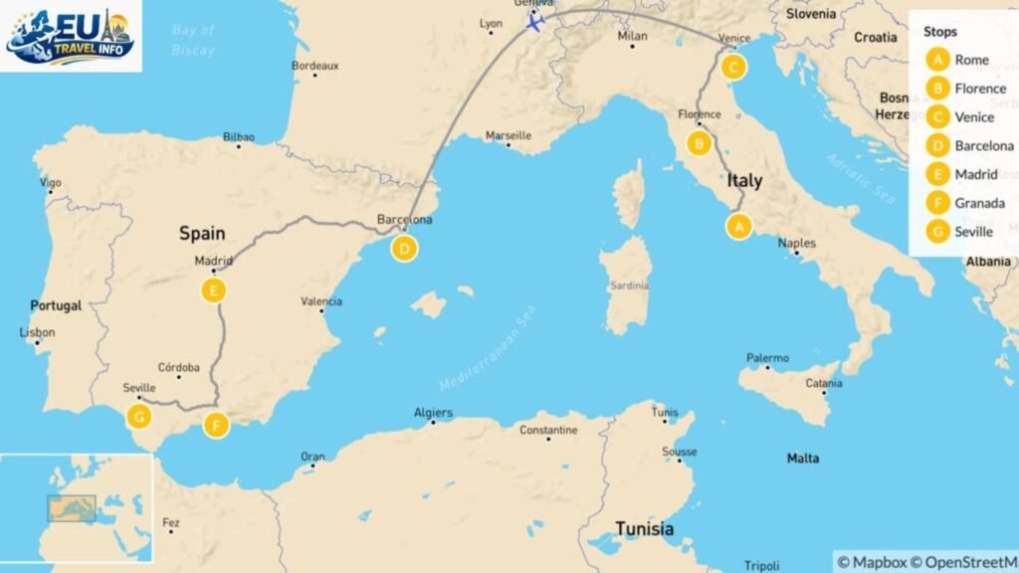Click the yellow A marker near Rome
(x=738, y=227)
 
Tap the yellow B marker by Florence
(x=700, y=144)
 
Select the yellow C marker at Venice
(x=732, y=68)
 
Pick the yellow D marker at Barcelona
(x=403, y=249)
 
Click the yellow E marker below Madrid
(x=213, y=290)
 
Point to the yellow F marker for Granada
(x=216, y=426)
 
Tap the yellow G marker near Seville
(x=138, y=416)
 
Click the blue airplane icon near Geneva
(x=535, y=23)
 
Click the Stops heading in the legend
(x=940, y=32)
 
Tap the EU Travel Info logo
(x=70, y=37)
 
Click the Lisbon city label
(x=38, y=333)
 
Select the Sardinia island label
(x=630, y=286)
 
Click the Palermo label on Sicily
(x=767, y=358)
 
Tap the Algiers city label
(x=433, y=413)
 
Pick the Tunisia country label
(x=643, y=528)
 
